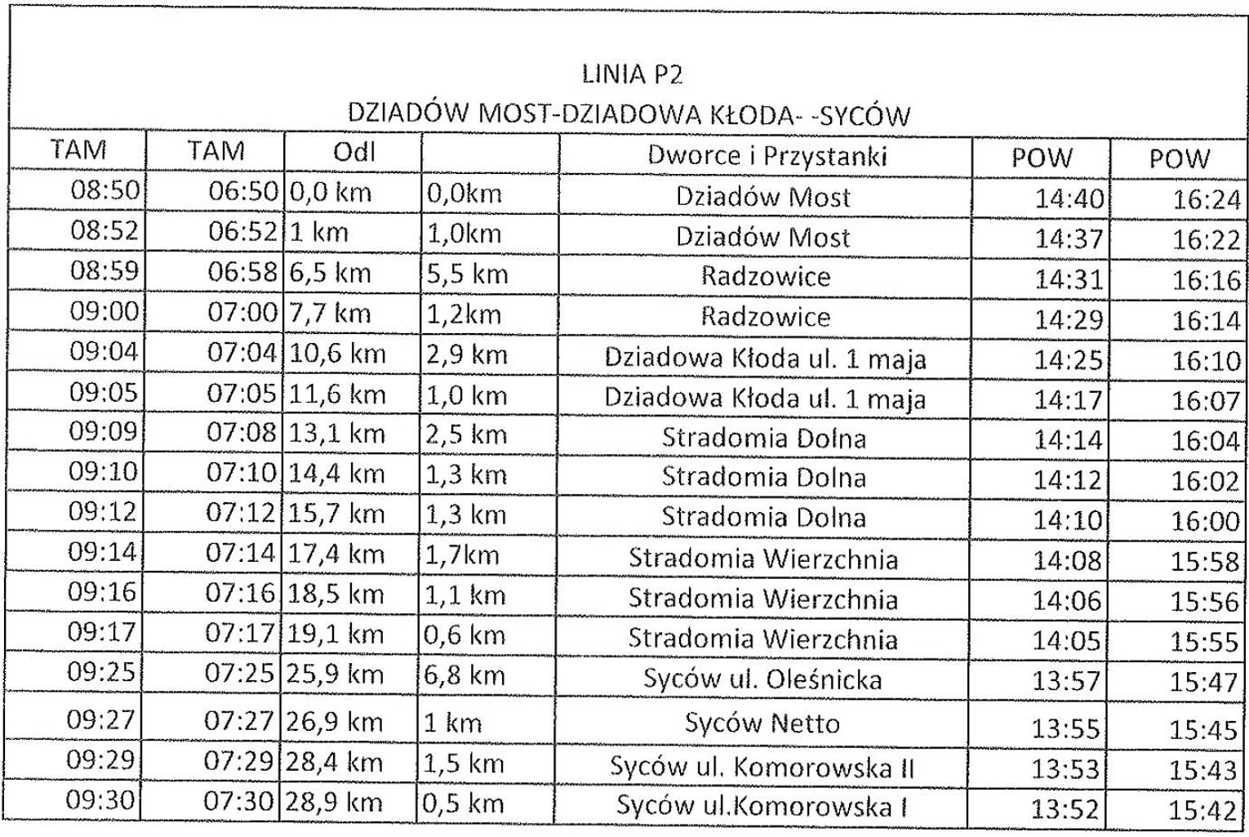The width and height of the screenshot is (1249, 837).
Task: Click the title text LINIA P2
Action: click(631, 74)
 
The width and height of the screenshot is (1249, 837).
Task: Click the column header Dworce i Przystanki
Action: click(766, 155)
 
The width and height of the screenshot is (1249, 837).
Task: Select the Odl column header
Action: click(353, 152)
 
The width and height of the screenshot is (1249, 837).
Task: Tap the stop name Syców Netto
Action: click(762, 723)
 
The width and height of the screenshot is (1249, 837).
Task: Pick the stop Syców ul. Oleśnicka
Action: click(762, 679)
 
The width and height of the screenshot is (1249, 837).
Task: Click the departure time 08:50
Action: click(105, 190)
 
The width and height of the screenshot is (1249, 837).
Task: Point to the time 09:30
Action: click(101, 799)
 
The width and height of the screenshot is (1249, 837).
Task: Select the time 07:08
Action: click(241, 431)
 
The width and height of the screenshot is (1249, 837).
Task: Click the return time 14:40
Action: click(1069, 198)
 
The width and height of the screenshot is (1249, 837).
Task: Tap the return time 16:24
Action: click(1206, 199)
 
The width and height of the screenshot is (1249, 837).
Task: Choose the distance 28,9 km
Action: click(334, 802)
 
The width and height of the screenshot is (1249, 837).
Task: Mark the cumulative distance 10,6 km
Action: click(336, 354)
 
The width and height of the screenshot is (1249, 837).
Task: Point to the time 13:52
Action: click(1065, 809)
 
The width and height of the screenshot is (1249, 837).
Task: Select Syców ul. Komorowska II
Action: click(762, 767)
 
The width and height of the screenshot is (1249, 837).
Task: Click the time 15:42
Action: click(1203, 810)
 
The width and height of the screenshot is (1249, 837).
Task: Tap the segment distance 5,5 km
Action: click(467, 274)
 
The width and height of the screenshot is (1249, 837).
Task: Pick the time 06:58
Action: click(242, 271)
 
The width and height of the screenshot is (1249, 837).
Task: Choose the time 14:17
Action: click(1068, 400)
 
